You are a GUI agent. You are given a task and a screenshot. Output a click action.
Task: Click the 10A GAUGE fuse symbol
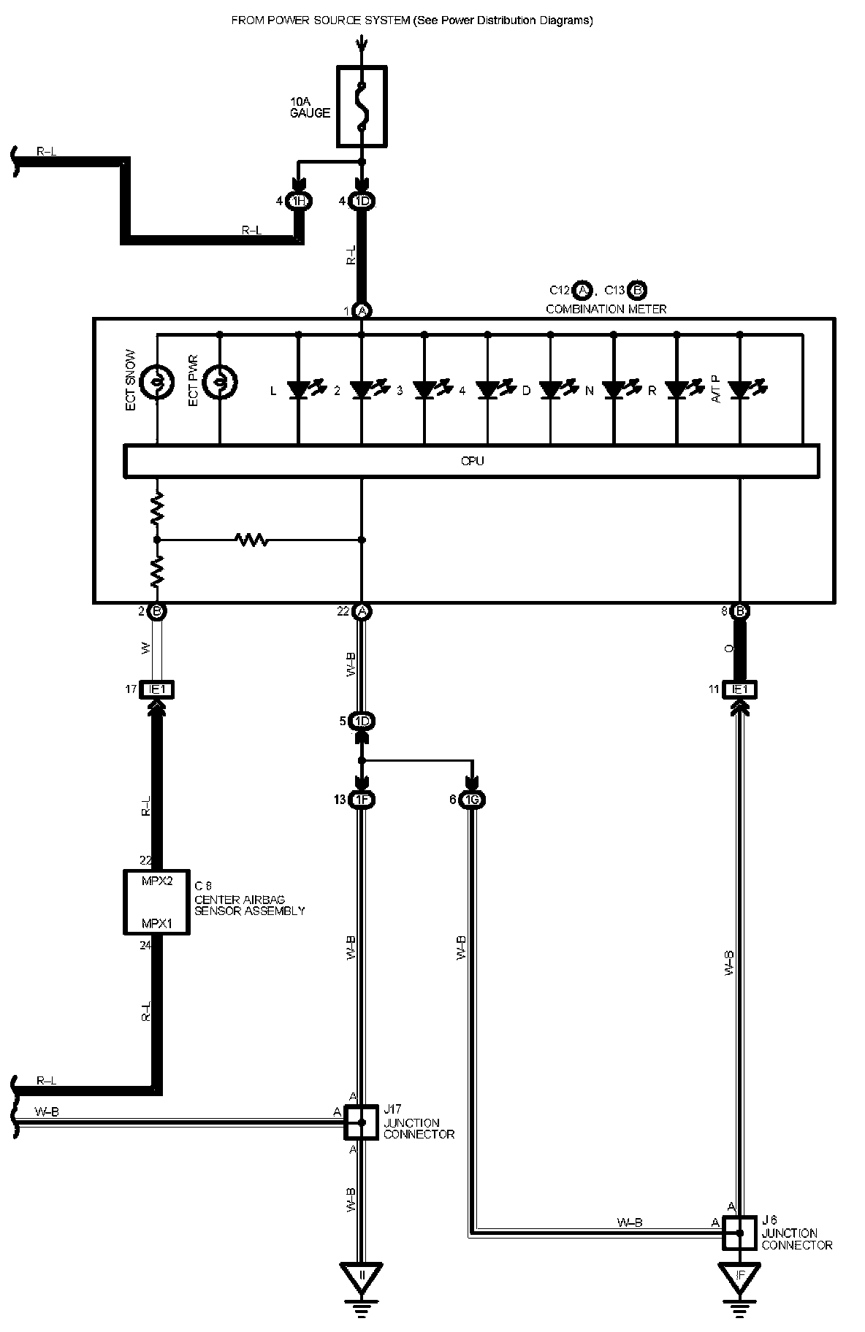362,107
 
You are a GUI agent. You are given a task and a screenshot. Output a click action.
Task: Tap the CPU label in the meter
472,461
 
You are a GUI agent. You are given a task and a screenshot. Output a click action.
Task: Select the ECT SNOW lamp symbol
156,380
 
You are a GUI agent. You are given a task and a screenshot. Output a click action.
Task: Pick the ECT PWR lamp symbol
219,380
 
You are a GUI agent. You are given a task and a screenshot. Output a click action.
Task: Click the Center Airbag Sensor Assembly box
156,902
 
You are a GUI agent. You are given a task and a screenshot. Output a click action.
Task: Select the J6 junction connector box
740,1233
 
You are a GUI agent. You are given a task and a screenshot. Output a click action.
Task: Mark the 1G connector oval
473,800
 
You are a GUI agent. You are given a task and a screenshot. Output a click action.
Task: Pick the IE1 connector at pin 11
740,689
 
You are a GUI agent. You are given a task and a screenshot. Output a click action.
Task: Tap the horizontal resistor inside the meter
251,540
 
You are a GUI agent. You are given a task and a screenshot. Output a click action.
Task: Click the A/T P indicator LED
740,390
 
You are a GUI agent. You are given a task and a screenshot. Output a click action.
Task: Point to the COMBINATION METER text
606,309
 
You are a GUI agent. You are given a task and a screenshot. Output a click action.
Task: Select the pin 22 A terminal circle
362,611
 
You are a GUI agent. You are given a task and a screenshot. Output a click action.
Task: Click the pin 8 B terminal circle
740,611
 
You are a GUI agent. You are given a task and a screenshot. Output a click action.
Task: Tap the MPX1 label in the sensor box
156,923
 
